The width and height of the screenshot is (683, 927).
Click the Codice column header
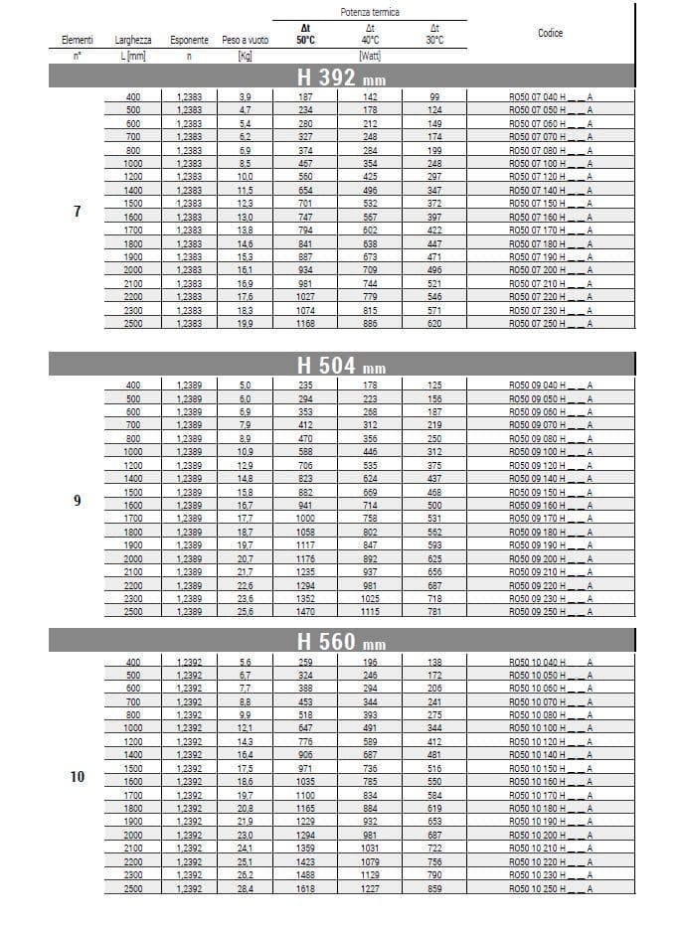[x=550, y=33]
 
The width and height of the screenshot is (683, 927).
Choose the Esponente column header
[x=189, y=41]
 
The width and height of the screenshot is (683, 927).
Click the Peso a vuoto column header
[x=245, y=41]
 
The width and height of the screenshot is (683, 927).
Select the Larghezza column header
[x=133, y=41]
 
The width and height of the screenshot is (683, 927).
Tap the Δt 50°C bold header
[x=306, y=35]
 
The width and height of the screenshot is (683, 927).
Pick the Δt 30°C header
[x=433, y=35]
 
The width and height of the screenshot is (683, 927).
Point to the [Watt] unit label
[x=370, y=56]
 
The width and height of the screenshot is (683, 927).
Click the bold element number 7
[x=78, y=211]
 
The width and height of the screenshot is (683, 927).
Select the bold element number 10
[x=78, y=776]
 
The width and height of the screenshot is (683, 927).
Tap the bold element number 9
[x=78, y=500]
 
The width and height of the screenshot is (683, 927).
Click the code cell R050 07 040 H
[x=550, y=96]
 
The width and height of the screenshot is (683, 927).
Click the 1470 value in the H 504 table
[x=306, y=611]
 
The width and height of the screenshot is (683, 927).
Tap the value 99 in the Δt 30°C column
[x=433, y=96]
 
